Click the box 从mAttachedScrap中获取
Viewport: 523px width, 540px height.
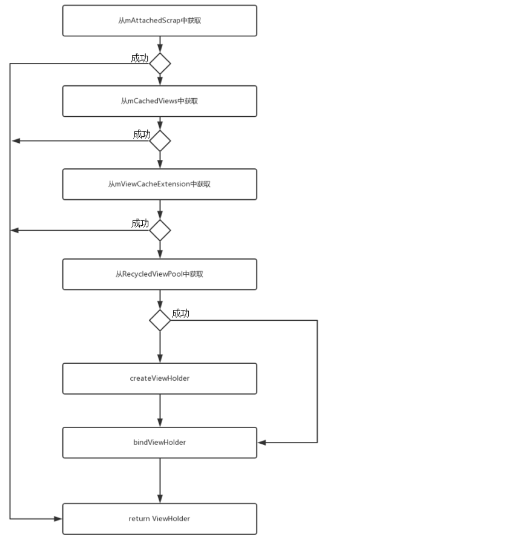coord(160,21)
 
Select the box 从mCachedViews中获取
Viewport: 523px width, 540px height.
coord(160,101)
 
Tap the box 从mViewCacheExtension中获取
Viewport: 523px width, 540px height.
coord(160,184)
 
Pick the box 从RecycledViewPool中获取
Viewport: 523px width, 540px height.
coord(160,274)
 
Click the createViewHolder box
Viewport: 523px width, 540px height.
coord(160,378)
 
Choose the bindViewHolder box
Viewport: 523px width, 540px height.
coord(160,443)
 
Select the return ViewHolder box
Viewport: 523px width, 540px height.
coord(160,519)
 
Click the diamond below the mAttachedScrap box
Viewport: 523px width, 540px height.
coord(160,63)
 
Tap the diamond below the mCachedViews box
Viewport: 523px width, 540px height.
coord(160,140)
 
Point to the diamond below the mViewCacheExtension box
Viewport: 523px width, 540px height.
coord(160,230)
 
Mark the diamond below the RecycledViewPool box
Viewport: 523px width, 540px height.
coord(160,320)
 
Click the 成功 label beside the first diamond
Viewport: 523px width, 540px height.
coord(140,58)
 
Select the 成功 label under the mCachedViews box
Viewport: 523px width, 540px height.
coord(142,134)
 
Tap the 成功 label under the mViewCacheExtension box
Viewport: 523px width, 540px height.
coord(140,223)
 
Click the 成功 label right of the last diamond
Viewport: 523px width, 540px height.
coord(180,313)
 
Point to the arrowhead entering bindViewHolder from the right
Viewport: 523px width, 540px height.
coord(261,443)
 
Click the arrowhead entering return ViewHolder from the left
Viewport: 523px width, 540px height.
coord(59,519)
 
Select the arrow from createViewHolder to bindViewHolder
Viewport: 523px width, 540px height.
coord(160,410)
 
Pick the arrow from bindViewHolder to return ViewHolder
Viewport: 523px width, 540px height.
coord(160,480)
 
